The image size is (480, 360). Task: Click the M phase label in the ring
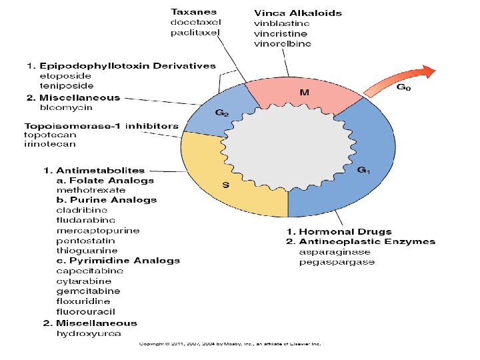[x=303, y=93]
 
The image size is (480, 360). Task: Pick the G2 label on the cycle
[x=222, y=113]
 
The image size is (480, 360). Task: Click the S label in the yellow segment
[x=225, y=185]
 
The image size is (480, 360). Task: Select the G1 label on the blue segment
[x=364, y=170]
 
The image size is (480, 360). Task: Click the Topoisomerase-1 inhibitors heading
[x=101, y=125]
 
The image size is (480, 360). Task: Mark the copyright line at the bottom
[x=230, y=344]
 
